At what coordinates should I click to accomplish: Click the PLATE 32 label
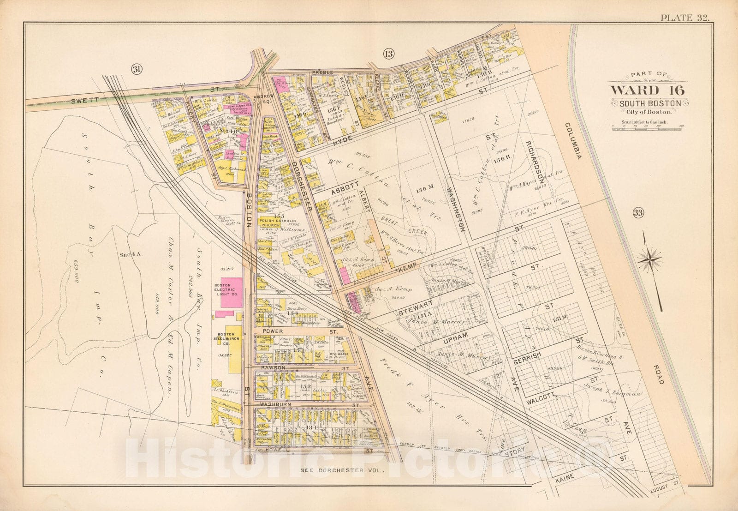684,18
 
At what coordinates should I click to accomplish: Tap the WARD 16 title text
648,90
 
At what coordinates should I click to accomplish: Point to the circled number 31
137,69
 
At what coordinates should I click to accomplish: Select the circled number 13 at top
388,54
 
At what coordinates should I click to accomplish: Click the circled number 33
638,213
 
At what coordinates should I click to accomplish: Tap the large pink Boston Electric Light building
231,292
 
